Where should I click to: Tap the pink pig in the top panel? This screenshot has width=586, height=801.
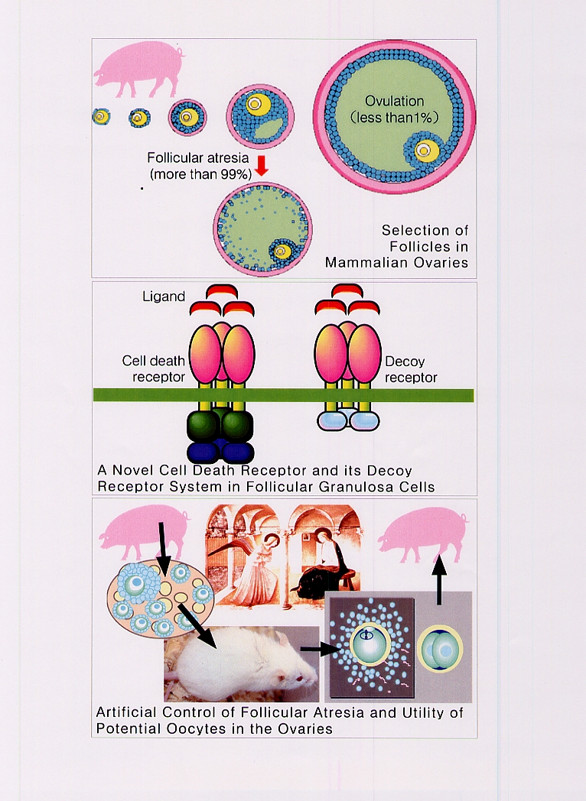pos(138,70)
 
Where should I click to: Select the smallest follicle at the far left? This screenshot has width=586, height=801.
pos(100,117)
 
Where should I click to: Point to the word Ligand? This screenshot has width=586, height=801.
pos(164,297)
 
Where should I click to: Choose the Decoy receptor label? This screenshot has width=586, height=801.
pos(411,369)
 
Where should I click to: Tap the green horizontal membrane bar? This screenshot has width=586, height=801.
pos(283,394)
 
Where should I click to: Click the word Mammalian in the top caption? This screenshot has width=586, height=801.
pos(364,262)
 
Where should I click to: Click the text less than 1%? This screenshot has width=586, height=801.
pos(393,118)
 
